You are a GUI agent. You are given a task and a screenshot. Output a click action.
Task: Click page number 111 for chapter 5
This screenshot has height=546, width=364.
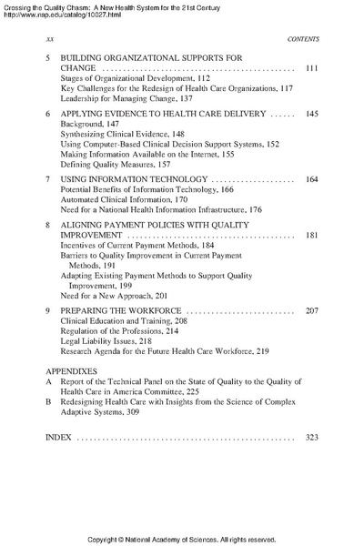pyautogui.click(x=310, y=69)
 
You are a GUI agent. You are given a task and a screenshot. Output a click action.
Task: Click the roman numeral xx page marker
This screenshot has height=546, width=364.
pyautogui.click(x=49, y=40)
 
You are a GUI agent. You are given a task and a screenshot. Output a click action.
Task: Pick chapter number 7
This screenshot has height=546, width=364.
pyautogui.click(x=47, y=179)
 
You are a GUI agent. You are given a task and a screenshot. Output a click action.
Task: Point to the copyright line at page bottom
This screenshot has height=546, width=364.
pyautogui.click(x=182, y=539)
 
